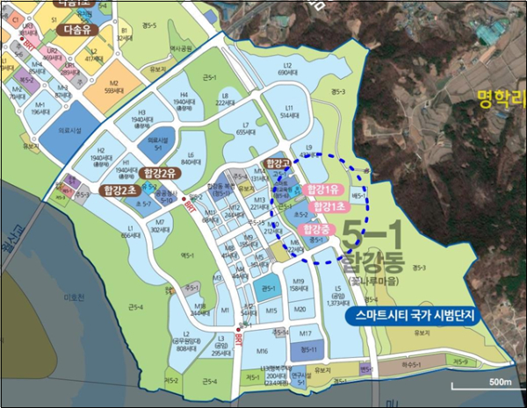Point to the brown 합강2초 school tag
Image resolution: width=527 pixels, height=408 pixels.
pyautogui.click(x=119, y=190)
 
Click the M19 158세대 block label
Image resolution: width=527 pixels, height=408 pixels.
pyautogui.click(x=298, y=284)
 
